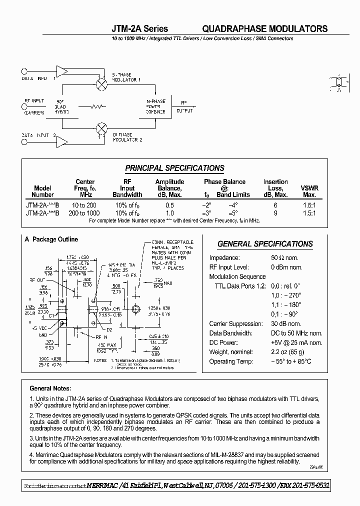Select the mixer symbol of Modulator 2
click(x=101, y=127)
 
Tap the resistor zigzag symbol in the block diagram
click(x=98, y=106)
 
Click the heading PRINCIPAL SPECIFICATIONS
click(x=174, y=168)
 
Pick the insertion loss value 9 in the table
click(x=275, y=212)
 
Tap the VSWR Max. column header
click(x=309, y=191)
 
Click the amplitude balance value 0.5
click(x=170, y=205)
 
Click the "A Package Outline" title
click(x=51, y=239)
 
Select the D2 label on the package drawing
click(x=109, y=329)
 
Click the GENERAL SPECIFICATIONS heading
click(x=265, y=244)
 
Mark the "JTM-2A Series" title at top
click(x=139, y=29)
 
